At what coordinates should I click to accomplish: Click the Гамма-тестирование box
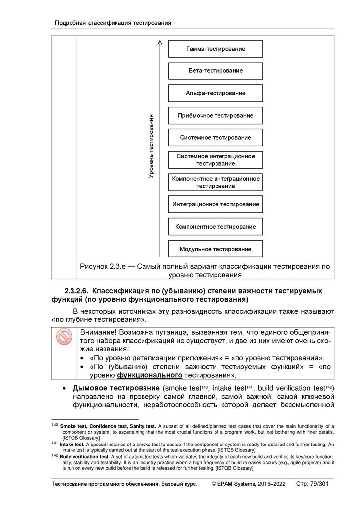pyautogui.click(x=216, y=49)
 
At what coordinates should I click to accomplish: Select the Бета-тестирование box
pyautogui.click(x=216, y=71)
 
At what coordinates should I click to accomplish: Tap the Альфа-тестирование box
pyautogui.click(x=216, y=93)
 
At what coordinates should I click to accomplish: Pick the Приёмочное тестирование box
pyautogui.click(x=216, y=115)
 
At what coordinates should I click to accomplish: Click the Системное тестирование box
pyautogui.click(x=216, y=137)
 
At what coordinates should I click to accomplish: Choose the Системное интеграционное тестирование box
pyautogui.click(x=216, y=160)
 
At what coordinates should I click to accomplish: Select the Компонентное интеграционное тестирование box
pyautogui.click(x=216, y=182)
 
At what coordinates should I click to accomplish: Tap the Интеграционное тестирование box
pyautogui.click(x=216, y=204)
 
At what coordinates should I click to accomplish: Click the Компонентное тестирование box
pyautogui.click(x=216, y=226)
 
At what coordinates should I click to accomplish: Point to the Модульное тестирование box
pyautogui.click(x=216, y=249)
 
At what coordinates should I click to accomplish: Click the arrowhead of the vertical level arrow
pyautogui.click(x=160, y=43)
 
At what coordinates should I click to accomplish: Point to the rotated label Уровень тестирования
pyautogui.click(x=151, y=146)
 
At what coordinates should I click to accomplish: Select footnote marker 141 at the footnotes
pyautogui.click(x=55, y=443)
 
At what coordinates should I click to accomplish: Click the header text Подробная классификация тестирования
pyautogui.click(x=113, y=23)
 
